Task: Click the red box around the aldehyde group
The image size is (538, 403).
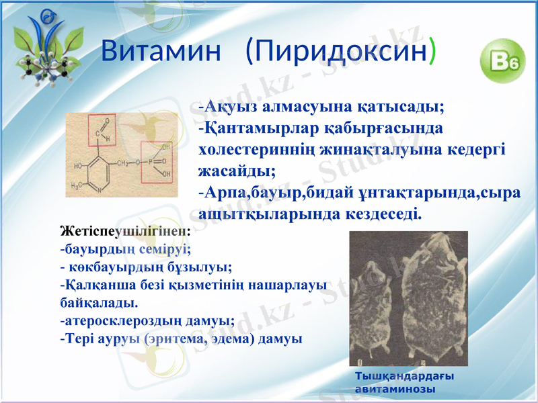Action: [x=101, y=128]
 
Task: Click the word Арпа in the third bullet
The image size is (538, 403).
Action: [x=226, y=193]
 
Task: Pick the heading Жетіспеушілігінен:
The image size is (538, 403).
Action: [x=125, y=231]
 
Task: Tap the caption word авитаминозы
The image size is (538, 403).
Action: [x=394, y=388]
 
